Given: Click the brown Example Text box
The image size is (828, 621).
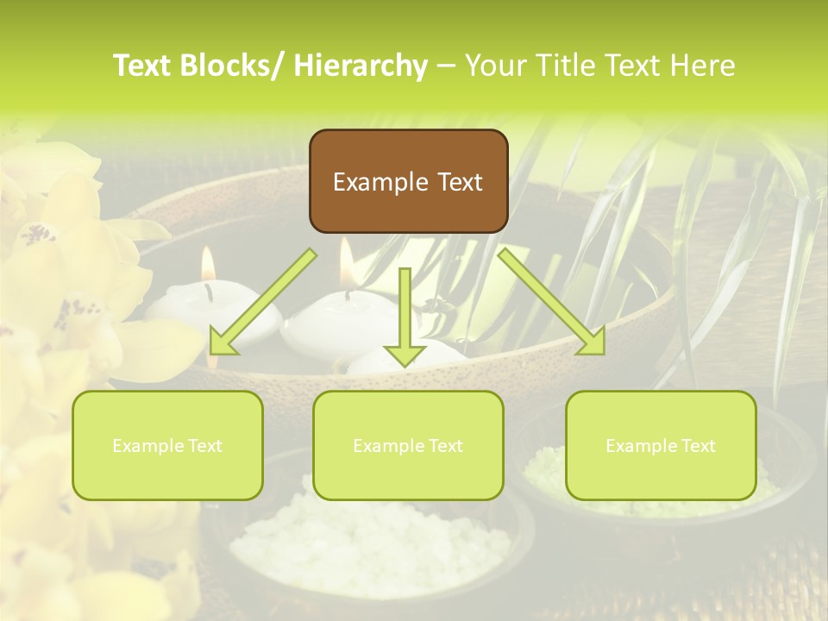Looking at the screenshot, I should (408, 181).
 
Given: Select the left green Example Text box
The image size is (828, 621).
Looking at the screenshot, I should (167, 445).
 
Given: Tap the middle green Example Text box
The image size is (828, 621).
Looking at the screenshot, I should (408, 445).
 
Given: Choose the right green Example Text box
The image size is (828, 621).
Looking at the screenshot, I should (661, 445).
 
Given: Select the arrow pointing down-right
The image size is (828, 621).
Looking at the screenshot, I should (553, 302).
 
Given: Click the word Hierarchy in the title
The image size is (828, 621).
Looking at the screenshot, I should (361, 66).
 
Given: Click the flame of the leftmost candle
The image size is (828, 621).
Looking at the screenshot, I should (207, 263).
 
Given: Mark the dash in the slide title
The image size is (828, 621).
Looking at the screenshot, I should (446, 66).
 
